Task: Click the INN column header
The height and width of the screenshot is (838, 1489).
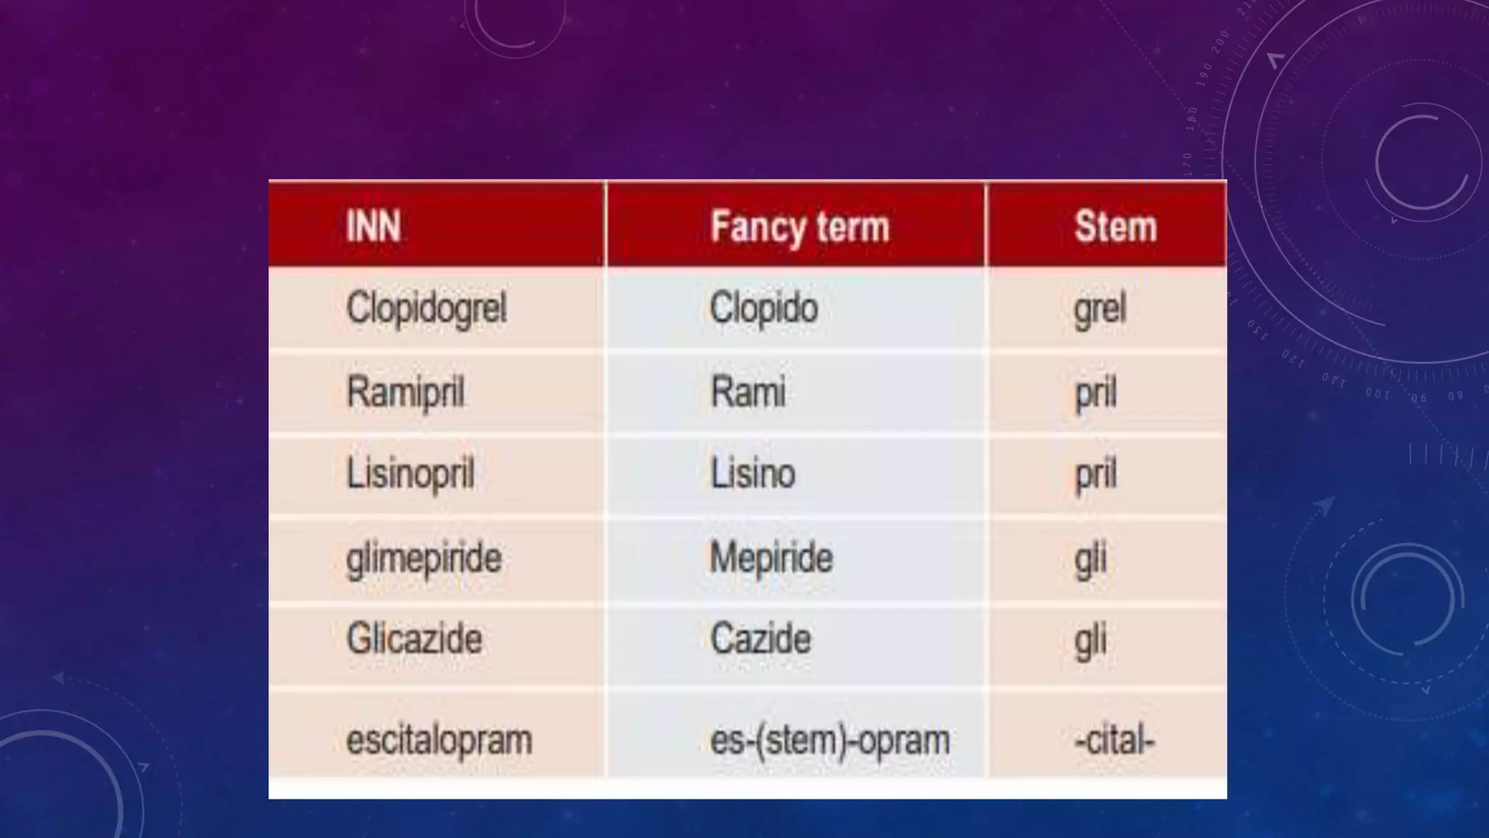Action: pyautogui.click(x=373, y=226)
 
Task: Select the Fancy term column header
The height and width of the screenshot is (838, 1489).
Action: pyautogui.click(x=799, y=226)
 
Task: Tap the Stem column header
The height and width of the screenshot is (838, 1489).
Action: pyautogui.click(x=1115, y=226)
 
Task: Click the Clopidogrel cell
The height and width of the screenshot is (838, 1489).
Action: pyautogui.click(x=426, y=308)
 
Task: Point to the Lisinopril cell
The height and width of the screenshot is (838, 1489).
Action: pyautogui.click(x=410, y=474)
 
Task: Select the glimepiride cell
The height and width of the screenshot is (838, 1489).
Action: pyautogui.click(x=424, y=559)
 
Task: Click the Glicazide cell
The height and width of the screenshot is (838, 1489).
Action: pyautogui.click(x=414, y=639)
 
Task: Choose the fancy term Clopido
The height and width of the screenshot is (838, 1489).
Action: pyautogui.click(x=763, y=308)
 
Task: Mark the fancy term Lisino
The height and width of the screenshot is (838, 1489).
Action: pyautogui.click(x=752, y=474)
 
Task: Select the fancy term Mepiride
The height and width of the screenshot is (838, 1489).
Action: pyautogui.click(x=771, y=559)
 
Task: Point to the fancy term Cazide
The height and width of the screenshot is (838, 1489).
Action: pyautogui.click(x=760, y=639)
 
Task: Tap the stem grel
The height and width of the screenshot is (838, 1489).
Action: pyautogui.click(x=1099, y=308)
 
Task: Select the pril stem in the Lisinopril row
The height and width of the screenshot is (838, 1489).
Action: pyautogui.click(x=1095, y=474)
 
